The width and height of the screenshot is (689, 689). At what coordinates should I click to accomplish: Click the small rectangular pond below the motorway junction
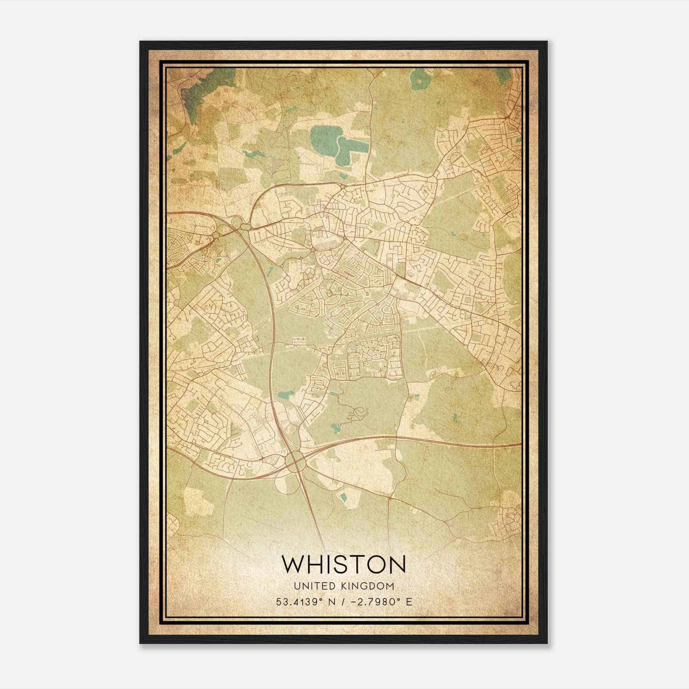[343, 498]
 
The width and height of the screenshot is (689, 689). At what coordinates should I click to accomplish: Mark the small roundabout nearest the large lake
[341, 186]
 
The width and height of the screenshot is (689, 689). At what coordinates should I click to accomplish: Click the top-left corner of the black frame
[141, 42]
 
